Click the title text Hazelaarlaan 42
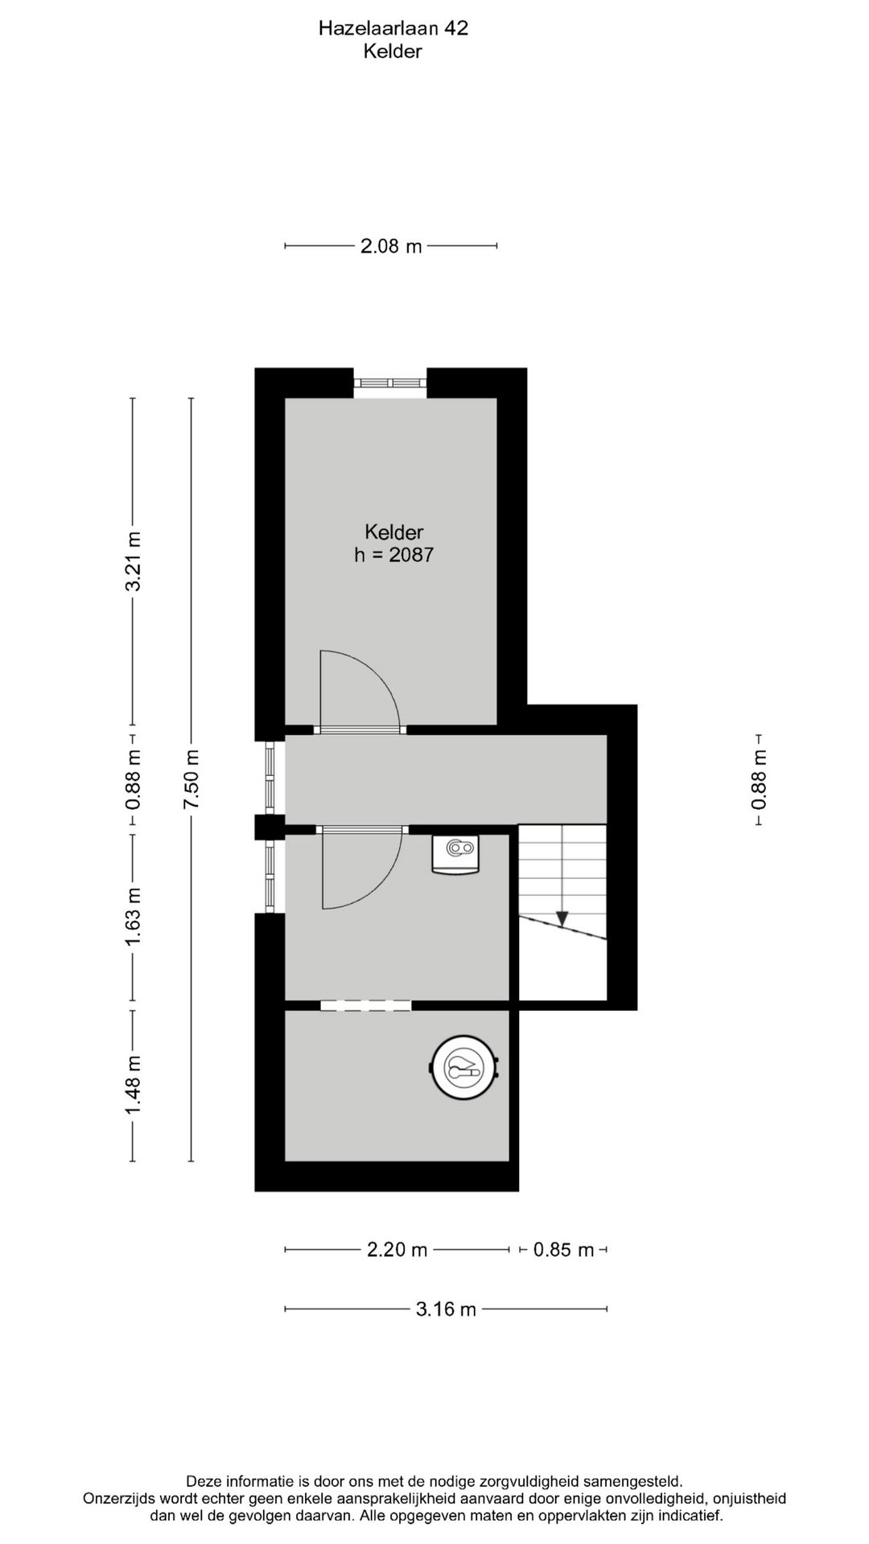point(393,28)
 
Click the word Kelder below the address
point(393,51)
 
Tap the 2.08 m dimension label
point(391,246)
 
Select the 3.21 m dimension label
point(133,561)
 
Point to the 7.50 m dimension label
point(191,779)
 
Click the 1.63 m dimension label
point(133,915)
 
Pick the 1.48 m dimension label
point(133,1086)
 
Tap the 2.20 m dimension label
point(397,1250)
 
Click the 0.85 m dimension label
point(563,1250)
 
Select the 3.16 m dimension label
point(446,1309)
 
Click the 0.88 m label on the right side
point(759,779)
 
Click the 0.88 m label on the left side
point(133,779)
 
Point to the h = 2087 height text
point(394,554)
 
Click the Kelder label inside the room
point(394,532)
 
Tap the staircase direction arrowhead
point(562,918)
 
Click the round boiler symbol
point(465,1067)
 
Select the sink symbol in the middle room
point(455,853)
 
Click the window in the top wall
point(390,383)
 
